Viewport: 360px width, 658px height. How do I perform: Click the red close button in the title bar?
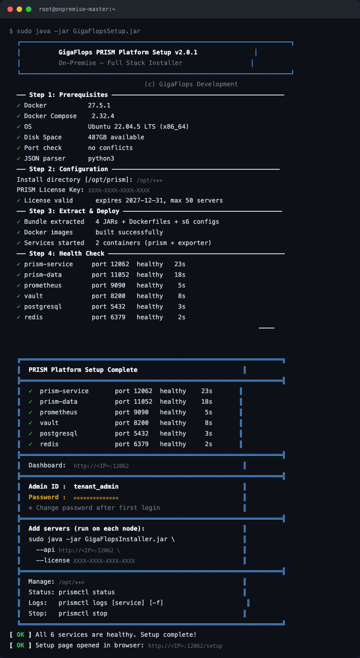pos(10,9)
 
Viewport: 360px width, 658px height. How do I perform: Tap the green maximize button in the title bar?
pos(29,9)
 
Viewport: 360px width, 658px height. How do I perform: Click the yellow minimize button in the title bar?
pos(19,9)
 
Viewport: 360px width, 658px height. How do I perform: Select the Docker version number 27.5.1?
pos(99,106)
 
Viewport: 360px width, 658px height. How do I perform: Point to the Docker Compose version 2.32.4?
pos(103,116)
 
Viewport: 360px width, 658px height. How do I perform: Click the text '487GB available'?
pos(116,137)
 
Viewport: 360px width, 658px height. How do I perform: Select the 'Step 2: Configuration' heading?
pos(68,169)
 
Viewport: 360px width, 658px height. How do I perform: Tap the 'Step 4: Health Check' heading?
pos(67,253)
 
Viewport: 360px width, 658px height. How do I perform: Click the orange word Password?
pos(43,497)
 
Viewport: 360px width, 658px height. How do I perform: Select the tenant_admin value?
pos(96,486)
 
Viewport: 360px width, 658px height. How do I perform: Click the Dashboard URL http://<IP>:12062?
pos(101,466)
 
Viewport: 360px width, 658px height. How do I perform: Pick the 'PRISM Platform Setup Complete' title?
pos(83,370)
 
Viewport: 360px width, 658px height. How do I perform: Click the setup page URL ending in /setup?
pos(185,646)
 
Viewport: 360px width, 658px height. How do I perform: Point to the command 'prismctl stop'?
pos(83,613)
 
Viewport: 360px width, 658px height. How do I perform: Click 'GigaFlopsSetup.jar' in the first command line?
pos(107,31)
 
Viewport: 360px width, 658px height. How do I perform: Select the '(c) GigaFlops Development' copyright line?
pos(191,84)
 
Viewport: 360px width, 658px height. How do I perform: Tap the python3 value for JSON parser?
pos(101,159)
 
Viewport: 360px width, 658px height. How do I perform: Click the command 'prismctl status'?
pos(87,592)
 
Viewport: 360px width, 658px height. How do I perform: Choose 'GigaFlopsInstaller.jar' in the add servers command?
pos(126,539)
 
